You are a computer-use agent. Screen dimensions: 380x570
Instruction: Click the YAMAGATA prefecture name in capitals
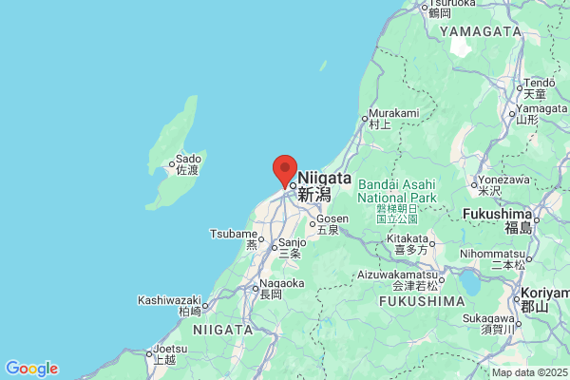[480, 31]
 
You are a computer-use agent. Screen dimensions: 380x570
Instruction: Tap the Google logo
[31, 369]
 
